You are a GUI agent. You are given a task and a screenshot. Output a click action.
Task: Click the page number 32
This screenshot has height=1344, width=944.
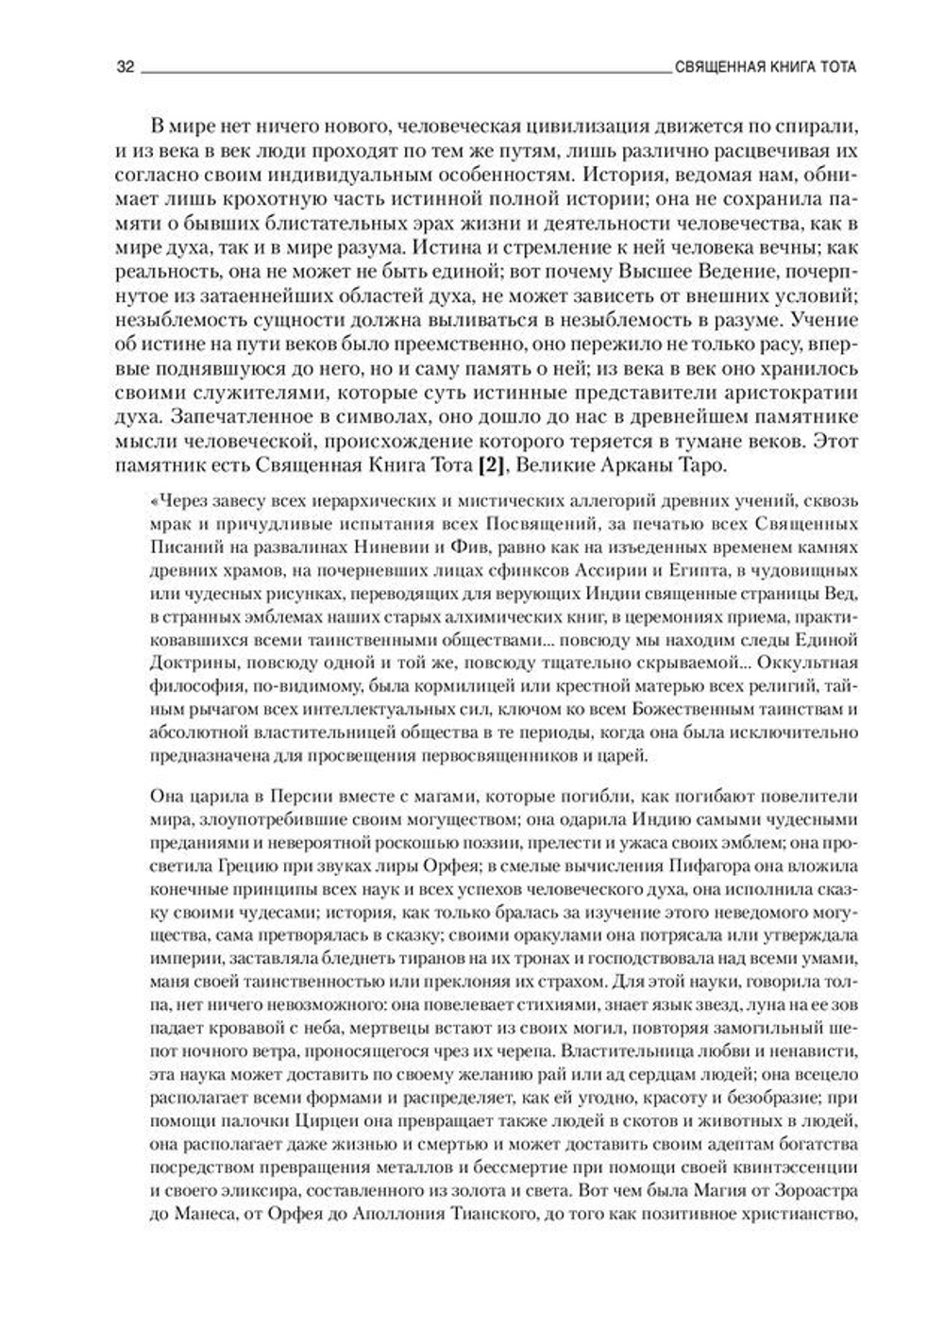pos(125,68)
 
